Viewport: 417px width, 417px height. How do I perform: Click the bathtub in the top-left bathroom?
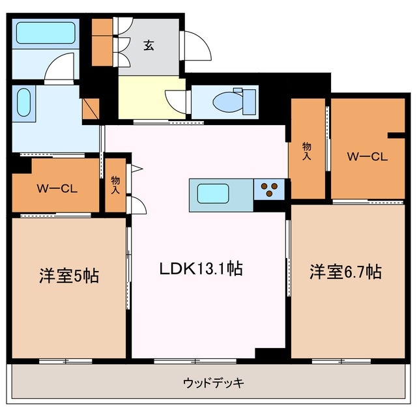pyautogui.click(x=45, y=33)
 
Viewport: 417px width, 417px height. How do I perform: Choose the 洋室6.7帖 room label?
pyautogui.click(x=345, y=272)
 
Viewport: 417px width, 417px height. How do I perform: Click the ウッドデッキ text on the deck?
pyautogui.click(x=212, y=382)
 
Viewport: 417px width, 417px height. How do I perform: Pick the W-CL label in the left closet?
pyautogui.click(x=57, y=190)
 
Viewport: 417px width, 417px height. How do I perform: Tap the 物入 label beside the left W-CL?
pyautogui.click(x=115, y=184)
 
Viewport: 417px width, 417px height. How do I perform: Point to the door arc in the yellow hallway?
pyautogui.click(x=175, y=98)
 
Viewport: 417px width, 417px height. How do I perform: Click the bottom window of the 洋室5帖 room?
pyautogui.click(x=65, y=360)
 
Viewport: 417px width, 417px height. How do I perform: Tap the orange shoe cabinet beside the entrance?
pyautogui.click(x=102, y=43)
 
